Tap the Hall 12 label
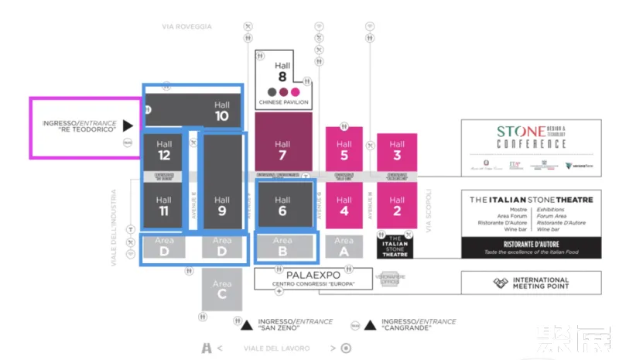(163, 149)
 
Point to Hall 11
(163, 205)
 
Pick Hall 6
(282, 205)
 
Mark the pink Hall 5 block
(344, 149)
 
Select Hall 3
(397, 149)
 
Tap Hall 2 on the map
(397, 205)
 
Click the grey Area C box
(222, 289)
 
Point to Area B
(282, 246)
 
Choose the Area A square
(344, 246)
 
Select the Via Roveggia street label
(186, 26)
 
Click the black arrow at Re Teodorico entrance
(128, 125)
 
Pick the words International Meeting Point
(541, 283)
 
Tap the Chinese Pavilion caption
(283, 102)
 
